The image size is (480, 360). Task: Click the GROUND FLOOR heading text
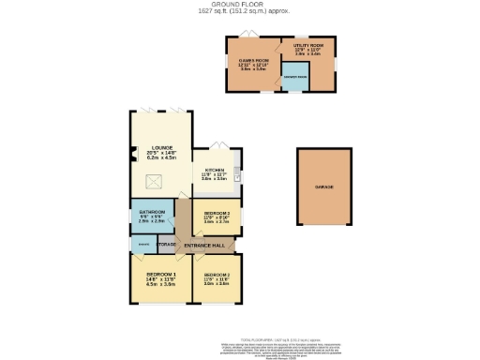(239, 4)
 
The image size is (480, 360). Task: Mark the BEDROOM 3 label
(217, 214)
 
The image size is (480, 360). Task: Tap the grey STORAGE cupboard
(167, 245)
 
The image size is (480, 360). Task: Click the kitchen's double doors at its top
(217, 144)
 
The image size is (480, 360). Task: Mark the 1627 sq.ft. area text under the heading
(239, 11)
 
